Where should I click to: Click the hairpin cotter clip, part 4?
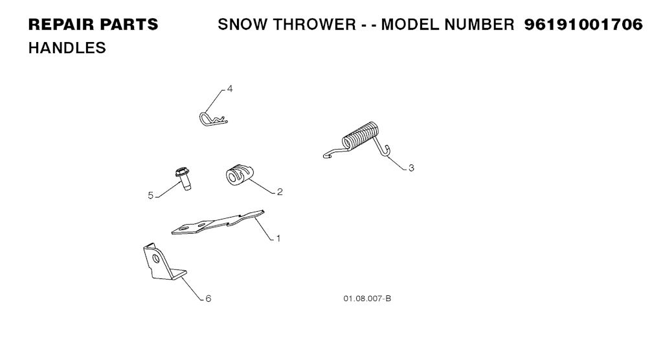coord(213,120)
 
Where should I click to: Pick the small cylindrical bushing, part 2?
coord(240,175)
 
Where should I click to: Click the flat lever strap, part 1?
coord(218,222)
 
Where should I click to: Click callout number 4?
coord(230,89)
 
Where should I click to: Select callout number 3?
coord(411,168)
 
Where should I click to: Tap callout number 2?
coord(280,192)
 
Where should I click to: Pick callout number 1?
coord(278,238)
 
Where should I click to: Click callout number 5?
coord(150,196)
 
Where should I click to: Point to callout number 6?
coord(208,298)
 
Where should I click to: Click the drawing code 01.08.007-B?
coord(367,298)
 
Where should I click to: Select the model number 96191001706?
coord(583,25)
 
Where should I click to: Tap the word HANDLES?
coord(67,48)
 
